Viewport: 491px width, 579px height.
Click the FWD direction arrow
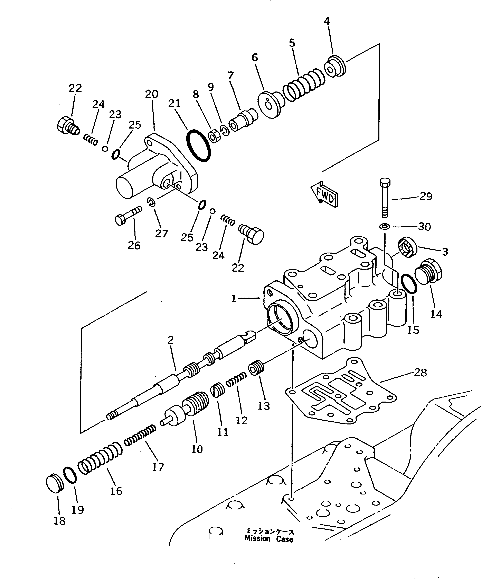pos(324,194)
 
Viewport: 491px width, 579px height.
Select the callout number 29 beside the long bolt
pos(426,196)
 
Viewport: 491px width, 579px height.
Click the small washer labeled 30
pos(384,226)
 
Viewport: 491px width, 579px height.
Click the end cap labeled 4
pos(335,67)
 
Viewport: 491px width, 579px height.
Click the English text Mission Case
pos(269,539)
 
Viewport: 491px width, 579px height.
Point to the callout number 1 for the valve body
pos(233,299)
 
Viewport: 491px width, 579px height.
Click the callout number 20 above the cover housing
pos(152,94)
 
